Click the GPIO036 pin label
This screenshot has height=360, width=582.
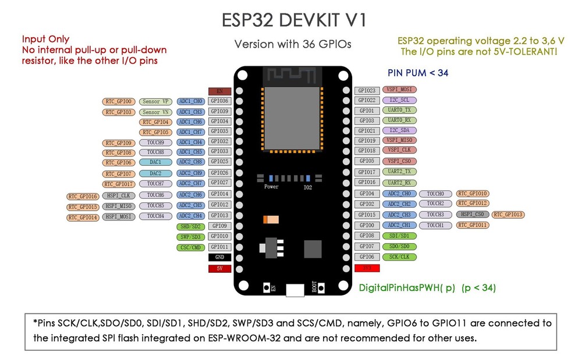pyautogui.click(x=219, y=101)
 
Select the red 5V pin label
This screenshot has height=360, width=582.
pyautogui.click(x=219, y=269)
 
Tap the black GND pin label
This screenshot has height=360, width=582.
pyautogui.click(x=219, y=257)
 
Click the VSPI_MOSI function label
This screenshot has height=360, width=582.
pyautogui.click(x=399, y=90)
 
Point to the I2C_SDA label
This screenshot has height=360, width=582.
pyautogui.click(x=399, y=130)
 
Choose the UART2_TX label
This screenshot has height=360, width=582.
pyautogui.click(x=399, y=172)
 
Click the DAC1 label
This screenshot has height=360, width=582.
pyautogui.click(x=155, y=162)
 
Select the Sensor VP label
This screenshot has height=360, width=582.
pyautogui.click(x=154, y=101)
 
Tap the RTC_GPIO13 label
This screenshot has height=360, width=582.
pyautogui.click(x=508, y=215)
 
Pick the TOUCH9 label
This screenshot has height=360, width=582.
pyautogui.click(x=155, y=142)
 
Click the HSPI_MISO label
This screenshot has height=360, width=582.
pyautogui.click(x=119, y=206)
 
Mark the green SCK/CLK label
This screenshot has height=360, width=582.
pyautogui.click(x=399, y=256)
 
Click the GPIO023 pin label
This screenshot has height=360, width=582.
pyautogui.click(x=367, y=91)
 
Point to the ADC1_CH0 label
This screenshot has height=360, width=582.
pyautogui.click(x=190, y=101)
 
